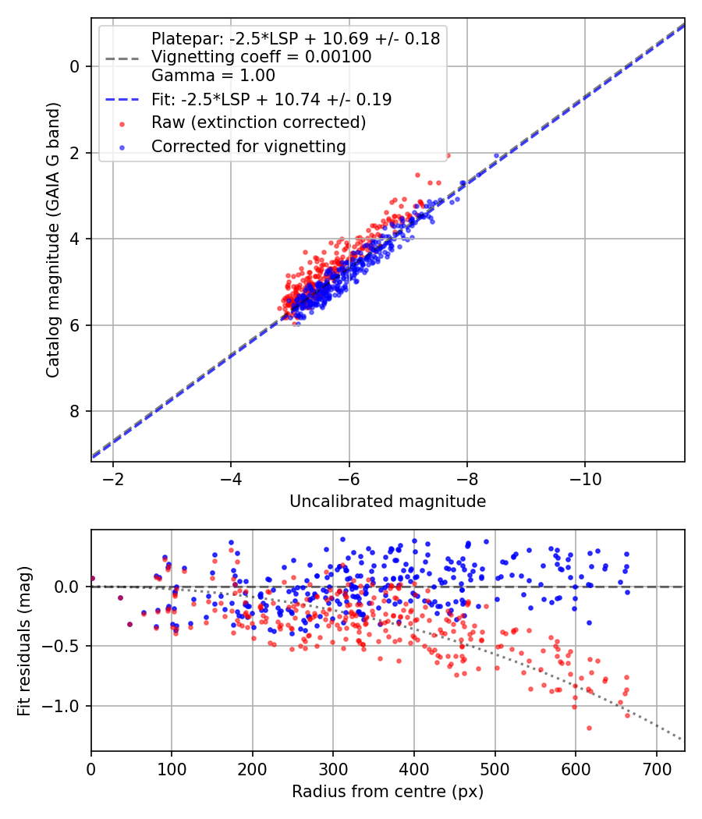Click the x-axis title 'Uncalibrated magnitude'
tap(388, 502)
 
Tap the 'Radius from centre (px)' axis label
tap(388, 792)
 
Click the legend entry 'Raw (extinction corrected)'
tap(258, 122)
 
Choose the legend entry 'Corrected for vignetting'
tap(248, 146)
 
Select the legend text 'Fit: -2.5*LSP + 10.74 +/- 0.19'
tap(271, 100)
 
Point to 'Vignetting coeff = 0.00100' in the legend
tap(261, 57)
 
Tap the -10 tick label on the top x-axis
tap(585, 478)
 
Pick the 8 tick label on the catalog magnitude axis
tap(75, 411)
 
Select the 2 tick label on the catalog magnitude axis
tap(75, 153)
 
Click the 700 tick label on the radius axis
tap(656, 768)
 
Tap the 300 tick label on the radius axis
tap(333, 768)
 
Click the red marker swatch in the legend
tap(122, 123)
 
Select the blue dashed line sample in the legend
tap(122, 100)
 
